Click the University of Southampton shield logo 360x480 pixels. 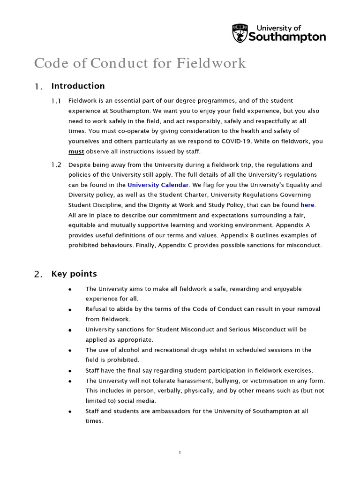240,33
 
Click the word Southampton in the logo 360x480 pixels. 287,37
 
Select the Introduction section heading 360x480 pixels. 78,86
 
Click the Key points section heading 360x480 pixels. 74,274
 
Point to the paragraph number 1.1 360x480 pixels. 56,101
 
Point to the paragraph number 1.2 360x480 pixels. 56,165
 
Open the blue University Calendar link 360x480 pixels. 158,185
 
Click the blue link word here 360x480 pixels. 307,205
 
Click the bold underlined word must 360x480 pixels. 76,151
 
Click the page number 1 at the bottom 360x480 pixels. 180,452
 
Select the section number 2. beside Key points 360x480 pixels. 38,275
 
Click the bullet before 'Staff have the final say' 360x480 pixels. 70,371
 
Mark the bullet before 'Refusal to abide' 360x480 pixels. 70,310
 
